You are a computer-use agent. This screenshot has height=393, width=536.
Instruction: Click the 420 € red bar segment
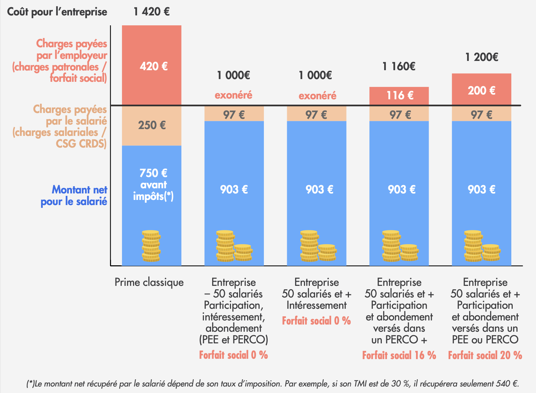point(152,65)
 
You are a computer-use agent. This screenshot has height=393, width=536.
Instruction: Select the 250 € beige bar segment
point(152,125)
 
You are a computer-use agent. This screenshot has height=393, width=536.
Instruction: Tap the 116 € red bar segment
point(399,95)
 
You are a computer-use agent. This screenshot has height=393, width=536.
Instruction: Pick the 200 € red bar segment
point(482,90)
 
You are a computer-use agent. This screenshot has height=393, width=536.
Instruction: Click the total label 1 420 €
point(151,12)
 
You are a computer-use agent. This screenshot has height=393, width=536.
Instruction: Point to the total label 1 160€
point(399,66)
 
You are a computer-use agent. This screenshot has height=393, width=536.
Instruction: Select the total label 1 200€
point(482,57)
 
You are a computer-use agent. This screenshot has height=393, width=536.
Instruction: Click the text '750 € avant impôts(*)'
point(153,185)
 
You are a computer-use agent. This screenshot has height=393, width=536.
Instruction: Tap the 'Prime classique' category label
point(149,282)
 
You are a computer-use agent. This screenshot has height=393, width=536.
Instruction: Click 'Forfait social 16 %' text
point(399,355)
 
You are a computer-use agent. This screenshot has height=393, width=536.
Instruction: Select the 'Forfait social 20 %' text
point(485,355)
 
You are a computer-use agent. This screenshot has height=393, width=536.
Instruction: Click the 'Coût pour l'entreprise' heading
point(57,12)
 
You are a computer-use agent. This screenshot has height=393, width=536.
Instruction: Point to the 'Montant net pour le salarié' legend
point(74,195)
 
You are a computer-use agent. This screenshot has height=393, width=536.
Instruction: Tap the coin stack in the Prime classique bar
point(151,246)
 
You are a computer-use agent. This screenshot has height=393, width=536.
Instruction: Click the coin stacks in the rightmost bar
point(481,246)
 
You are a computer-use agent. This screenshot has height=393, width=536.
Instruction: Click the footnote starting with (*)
point(272,384)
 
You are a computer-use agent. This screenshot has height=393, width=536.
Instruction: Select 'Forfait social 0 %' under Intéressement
point(316,321)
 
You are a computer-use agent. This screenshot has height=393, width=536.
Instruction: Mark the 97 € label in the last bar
point(482,115)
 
